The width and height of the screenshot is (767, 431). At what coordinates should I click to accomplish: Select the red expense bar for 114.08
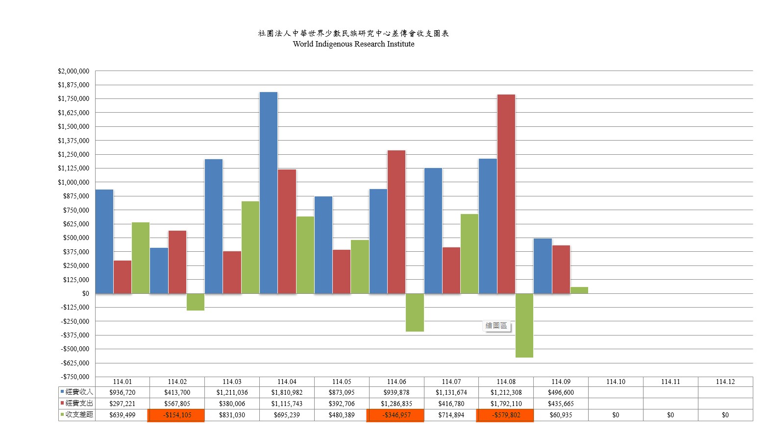pos(506,194)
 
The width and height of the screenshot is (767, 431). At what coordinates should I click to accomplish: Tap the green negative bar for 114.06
pos(415,312)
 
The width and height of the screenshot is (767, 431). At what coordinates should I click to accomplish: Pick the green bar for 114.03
pos(250,247)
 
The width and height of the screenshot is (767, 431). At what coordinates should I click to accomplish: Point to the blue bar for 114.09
pos(543,266)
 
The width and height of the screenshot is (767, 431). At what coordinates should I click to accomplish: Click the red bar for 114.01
pos(123,277)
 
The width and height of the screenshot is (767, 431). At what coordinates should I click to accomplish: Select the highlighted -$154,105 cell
pos(176,415)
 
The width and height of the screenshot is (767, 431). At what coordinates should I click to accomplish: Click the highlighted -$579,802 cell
pos(505,415)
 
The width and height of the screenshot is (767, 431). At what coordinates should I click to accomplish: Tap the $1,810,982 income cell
pos(287,392)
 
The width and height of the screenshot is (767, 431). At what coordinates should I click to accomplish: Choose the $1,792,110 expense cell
pos(506,404)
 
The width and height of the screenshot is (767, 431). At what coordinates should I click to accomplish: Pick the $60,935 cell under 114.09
pos(561,415)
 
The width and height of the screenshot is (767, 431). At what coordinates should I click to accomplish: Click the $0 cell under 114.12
pos(725,415)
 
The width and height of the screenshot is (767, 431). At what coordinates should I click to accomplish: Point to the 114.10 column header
pos(616,382)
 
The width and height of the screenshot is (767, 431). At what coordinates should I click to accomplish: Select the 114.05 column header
pos(342,382)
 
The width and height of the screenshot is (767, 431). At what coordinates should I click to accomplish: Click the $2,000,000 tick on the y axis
pos(74,72)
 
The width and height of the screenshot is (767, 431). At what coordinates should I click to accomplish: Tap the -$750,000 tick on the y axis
pos(75,377)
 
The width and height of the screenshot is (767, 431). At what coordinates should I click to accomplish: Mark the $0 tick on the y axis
pos(86,293)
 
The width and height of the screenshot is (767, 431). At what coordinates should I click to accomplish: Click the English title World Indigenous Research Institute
pos(353,44)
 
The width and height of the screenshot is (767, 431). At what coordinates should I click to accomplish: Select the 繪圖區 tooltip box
pos(496,326)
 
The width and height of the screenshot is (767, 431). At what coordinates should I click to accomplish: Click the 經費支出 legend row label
pos(79,403)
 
